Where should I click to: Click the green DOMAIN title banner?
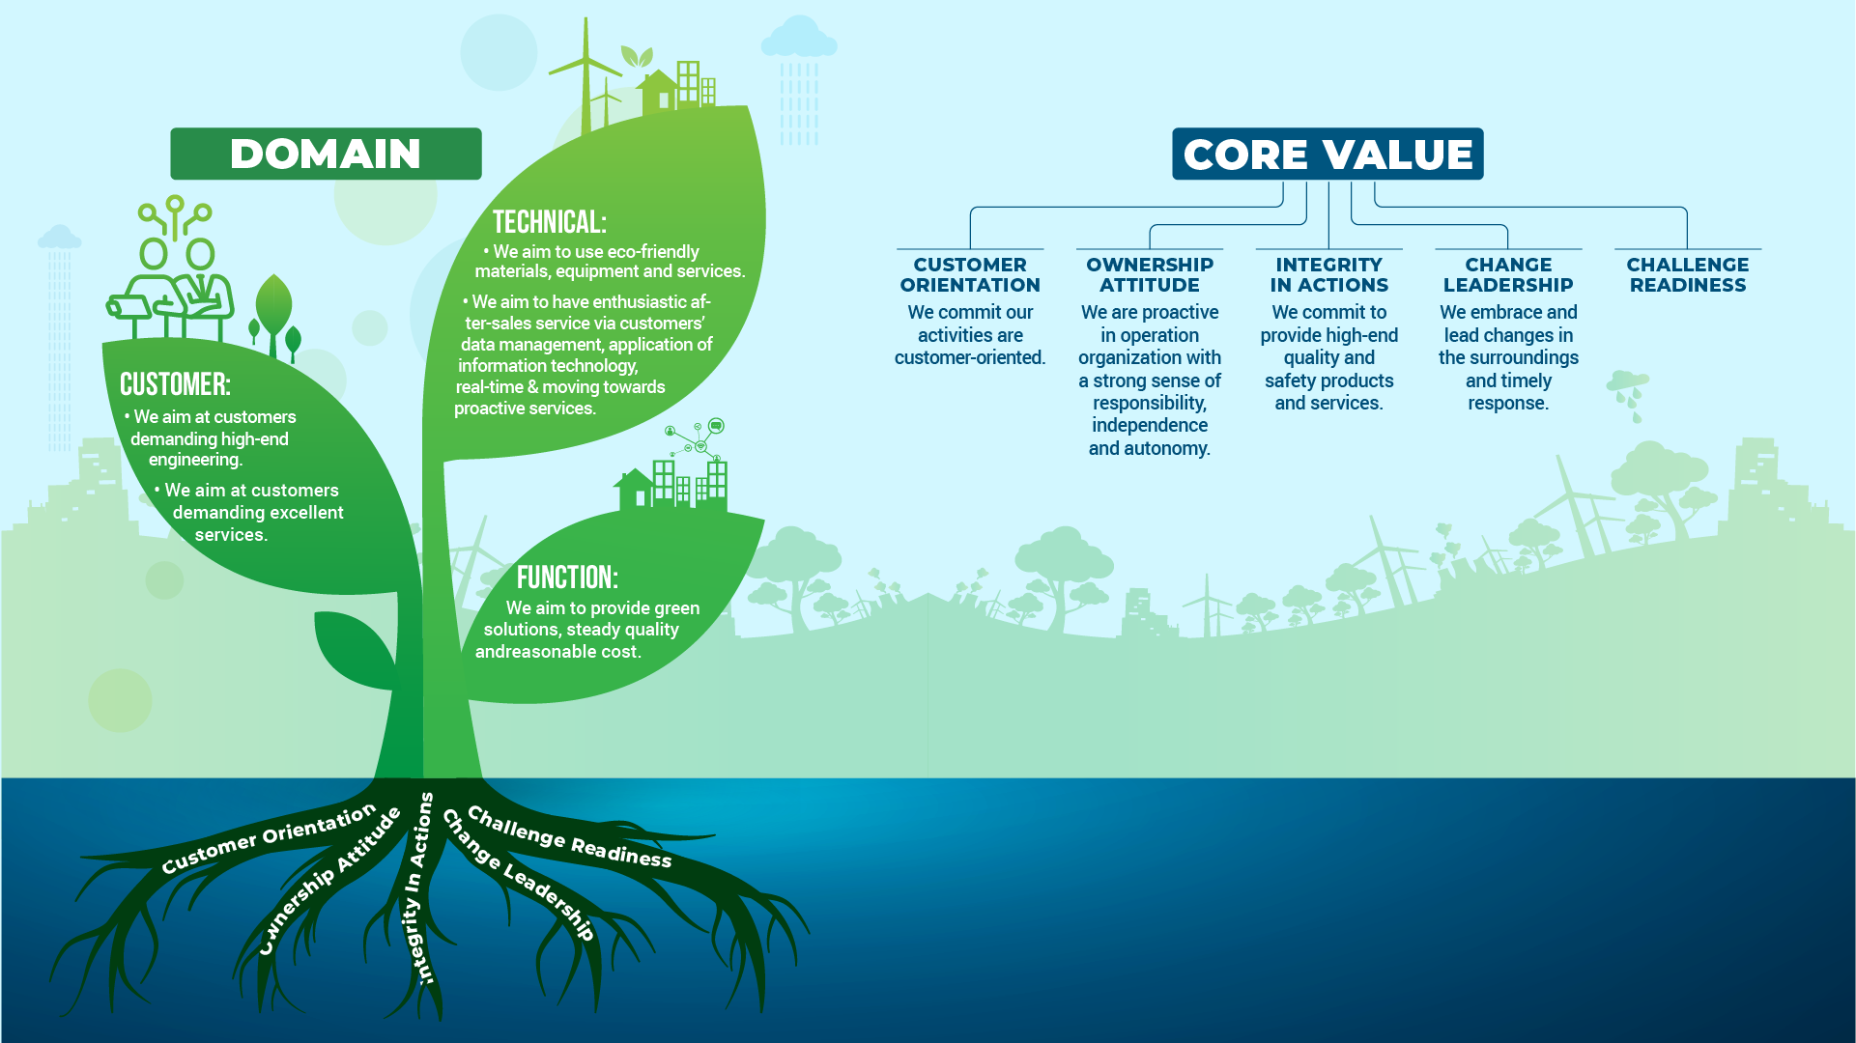(326, 154)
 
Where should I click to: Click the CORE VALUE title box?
(1328, 154)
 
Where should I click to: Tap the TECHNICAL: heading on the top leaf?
(549, 222)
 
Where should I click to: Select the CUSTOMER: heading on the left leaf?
(175, 384)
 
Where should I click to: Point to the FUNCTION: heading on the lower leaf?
(567, 578)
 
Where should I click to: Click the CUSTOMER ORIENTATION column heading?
(970, 274)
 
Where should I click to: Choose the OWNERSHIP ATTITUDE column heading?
(1150, 274)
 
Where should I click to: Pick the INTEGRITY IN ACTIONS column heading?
(1329, 274)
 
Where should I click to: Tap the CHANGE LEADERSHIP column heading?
(1508, 274)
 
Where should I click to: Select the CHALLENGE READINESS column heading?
(1688, 274)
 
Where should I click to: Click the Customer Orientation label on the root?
(269, 838)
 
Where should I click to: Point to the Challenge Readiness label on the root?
(569, 836)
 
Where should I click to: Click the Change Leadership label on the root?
(518, 874)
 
